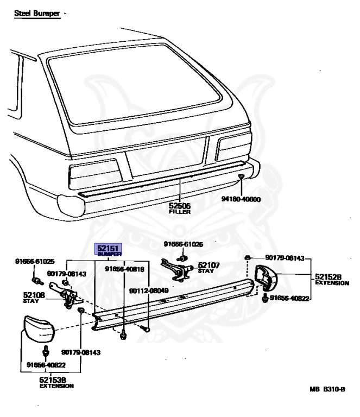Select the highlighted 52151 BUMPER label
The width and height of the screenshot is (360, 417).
pos(110,250)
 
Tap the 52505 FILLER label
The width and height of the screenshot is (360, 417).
pos(180,208)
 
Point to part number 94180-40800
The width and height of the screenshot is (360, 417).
pos(241,199)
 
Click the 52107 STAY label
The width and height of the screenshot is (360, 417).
pos(209,267)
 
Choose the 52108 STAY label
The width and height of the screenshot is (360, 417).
pos(33,298)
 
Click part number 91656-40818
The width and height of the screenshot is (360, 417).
pos(125,269)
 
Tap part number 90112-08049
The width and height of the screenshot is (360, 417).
pos(148,290)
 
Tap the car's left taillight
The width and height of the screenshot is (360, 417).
pos(94,173)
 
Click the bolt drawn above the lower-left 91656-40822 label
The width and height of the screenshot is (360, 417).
pos(47,349)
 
